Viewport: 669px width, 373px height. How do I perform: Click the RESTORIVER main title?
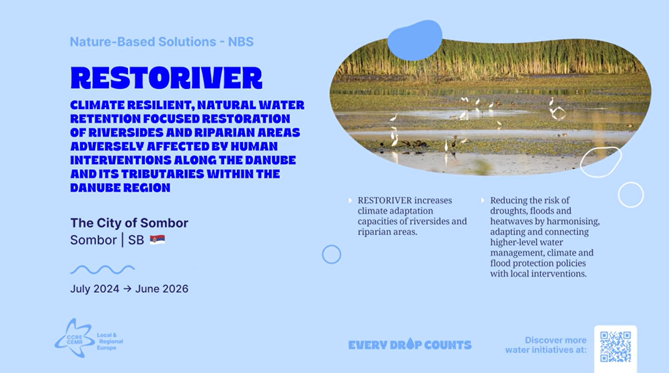(x=166, y=77)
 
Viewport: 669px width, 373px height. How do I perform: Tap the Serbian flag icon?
(x=157, y=240)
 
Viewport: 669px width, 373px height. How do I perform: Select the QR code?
(x=615, y=347)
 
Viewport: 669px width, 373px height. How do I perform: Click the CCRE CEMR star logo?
(x=75, y=338)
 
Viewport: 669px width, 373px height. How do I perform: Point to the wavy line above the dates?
(x=102, y=270)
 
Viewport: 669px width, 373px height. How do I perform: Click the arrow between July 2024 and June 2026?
(x=127, y=289)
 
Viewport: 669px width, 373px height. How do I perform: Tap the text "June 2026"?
(x=162, y=289)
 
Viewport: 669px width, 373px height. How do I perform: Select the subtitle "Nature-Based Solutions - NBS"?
(x=162, y=42)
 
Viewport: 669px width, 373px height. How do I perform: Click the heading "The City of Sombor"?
(x=129, y=223)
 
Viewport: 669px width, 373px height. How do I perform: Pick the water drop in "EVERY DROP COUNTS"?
(x=410, y=343)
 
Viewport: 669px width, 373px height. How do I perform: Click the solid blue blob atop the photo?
(x=415, y=40)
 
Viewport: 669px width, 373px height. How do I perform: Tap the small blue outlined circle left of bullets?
(x=332, y=255)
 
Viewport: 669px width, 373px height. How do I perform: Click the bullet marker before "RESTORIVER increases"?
(x=350, y=201)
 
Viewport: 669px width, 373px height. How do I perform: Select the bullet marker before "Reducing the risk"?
(x=483, y=201)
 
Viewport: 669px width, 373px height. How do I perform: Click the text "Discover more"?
(x=555, y=340)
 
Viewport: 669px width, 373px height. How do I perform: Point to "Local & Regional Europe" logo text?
(x=110, y=341)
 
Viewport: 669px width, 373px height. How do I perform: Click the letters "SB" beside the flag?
(x=136, y=240)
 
